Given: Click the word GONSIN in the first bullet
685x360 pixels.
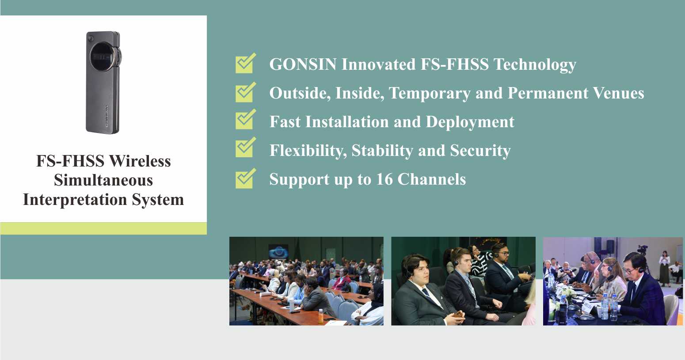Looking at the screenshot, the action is pyautogui.click(x=303, y=64).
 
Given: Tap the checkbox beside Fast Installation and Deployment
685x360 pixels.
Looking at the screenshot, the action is pyautogui.click(x=245, y=120).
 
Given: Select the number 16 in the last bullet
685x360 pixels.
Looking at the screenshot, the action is pyautogui.click(x=384, y=179).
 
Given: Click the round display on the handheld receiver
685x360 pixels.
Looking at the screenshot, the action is pyautogui.click(x=103, y=57).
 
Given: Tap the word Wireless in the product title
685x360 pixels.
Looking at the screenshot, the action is pyautogui.click(x=140, y=161).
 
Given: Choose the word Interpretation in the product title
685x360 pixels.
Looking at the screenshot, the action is pyautogui.click(x=75, y=200).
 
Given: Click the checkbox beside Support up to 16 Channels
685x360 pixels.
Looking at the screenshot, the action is pyautogui.click(x=245, y=178).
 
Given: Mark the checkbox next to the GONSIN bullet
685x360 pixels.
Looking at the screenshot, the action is pyautogui.click(x=245, y=63).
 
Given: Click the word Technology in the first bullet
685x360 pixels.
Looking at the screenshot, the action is pyautogui.click(x=535, y=65).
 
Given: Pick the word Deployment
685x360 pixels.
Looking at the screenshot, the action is pyautogui.click(x=470, y=122).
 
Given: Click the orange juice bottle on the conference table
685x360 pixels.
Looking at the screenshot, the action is pyautogui.click(x=320, y=316).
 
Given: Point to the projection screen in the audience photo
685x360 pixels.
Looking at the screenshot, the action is pyautogui.click(x=278, y=252).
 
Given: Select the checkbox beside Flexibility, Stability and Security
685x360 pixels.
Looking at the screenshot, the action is pyautogui.click(x=245, y=147).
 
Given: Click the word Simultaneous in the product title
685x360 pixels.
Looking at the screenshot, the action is pyautogui.click(x=103, y=180).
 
